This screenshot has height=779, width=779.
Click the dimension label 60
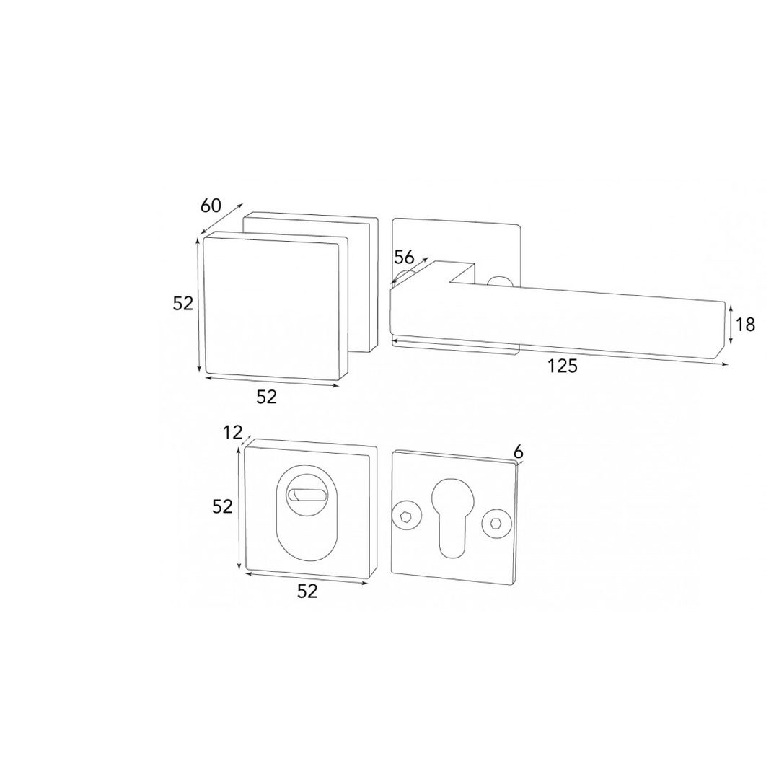(x=210, y=205)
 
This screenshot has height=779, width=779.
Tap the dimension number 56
(x=404, y=257)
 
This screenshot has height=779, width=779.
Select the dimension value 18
(x=745, y=325)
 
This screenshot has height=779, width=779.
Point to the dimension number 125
(x=563, y=366)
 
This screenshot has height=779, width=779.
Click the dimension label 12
(x=232, y=433)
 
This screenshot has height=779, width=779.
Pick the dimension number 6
(x=518, y=452)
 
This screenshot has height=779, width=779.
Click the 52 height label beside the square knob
(x=182, y=303)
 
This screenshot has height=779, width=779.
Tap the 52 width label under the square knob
(x=266, y=397)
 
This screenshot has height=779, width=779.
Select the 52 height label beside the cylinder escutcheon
(x=222, y=506)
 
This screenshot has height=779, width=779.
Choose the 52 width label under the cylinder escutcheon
(x=307, y=591)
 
